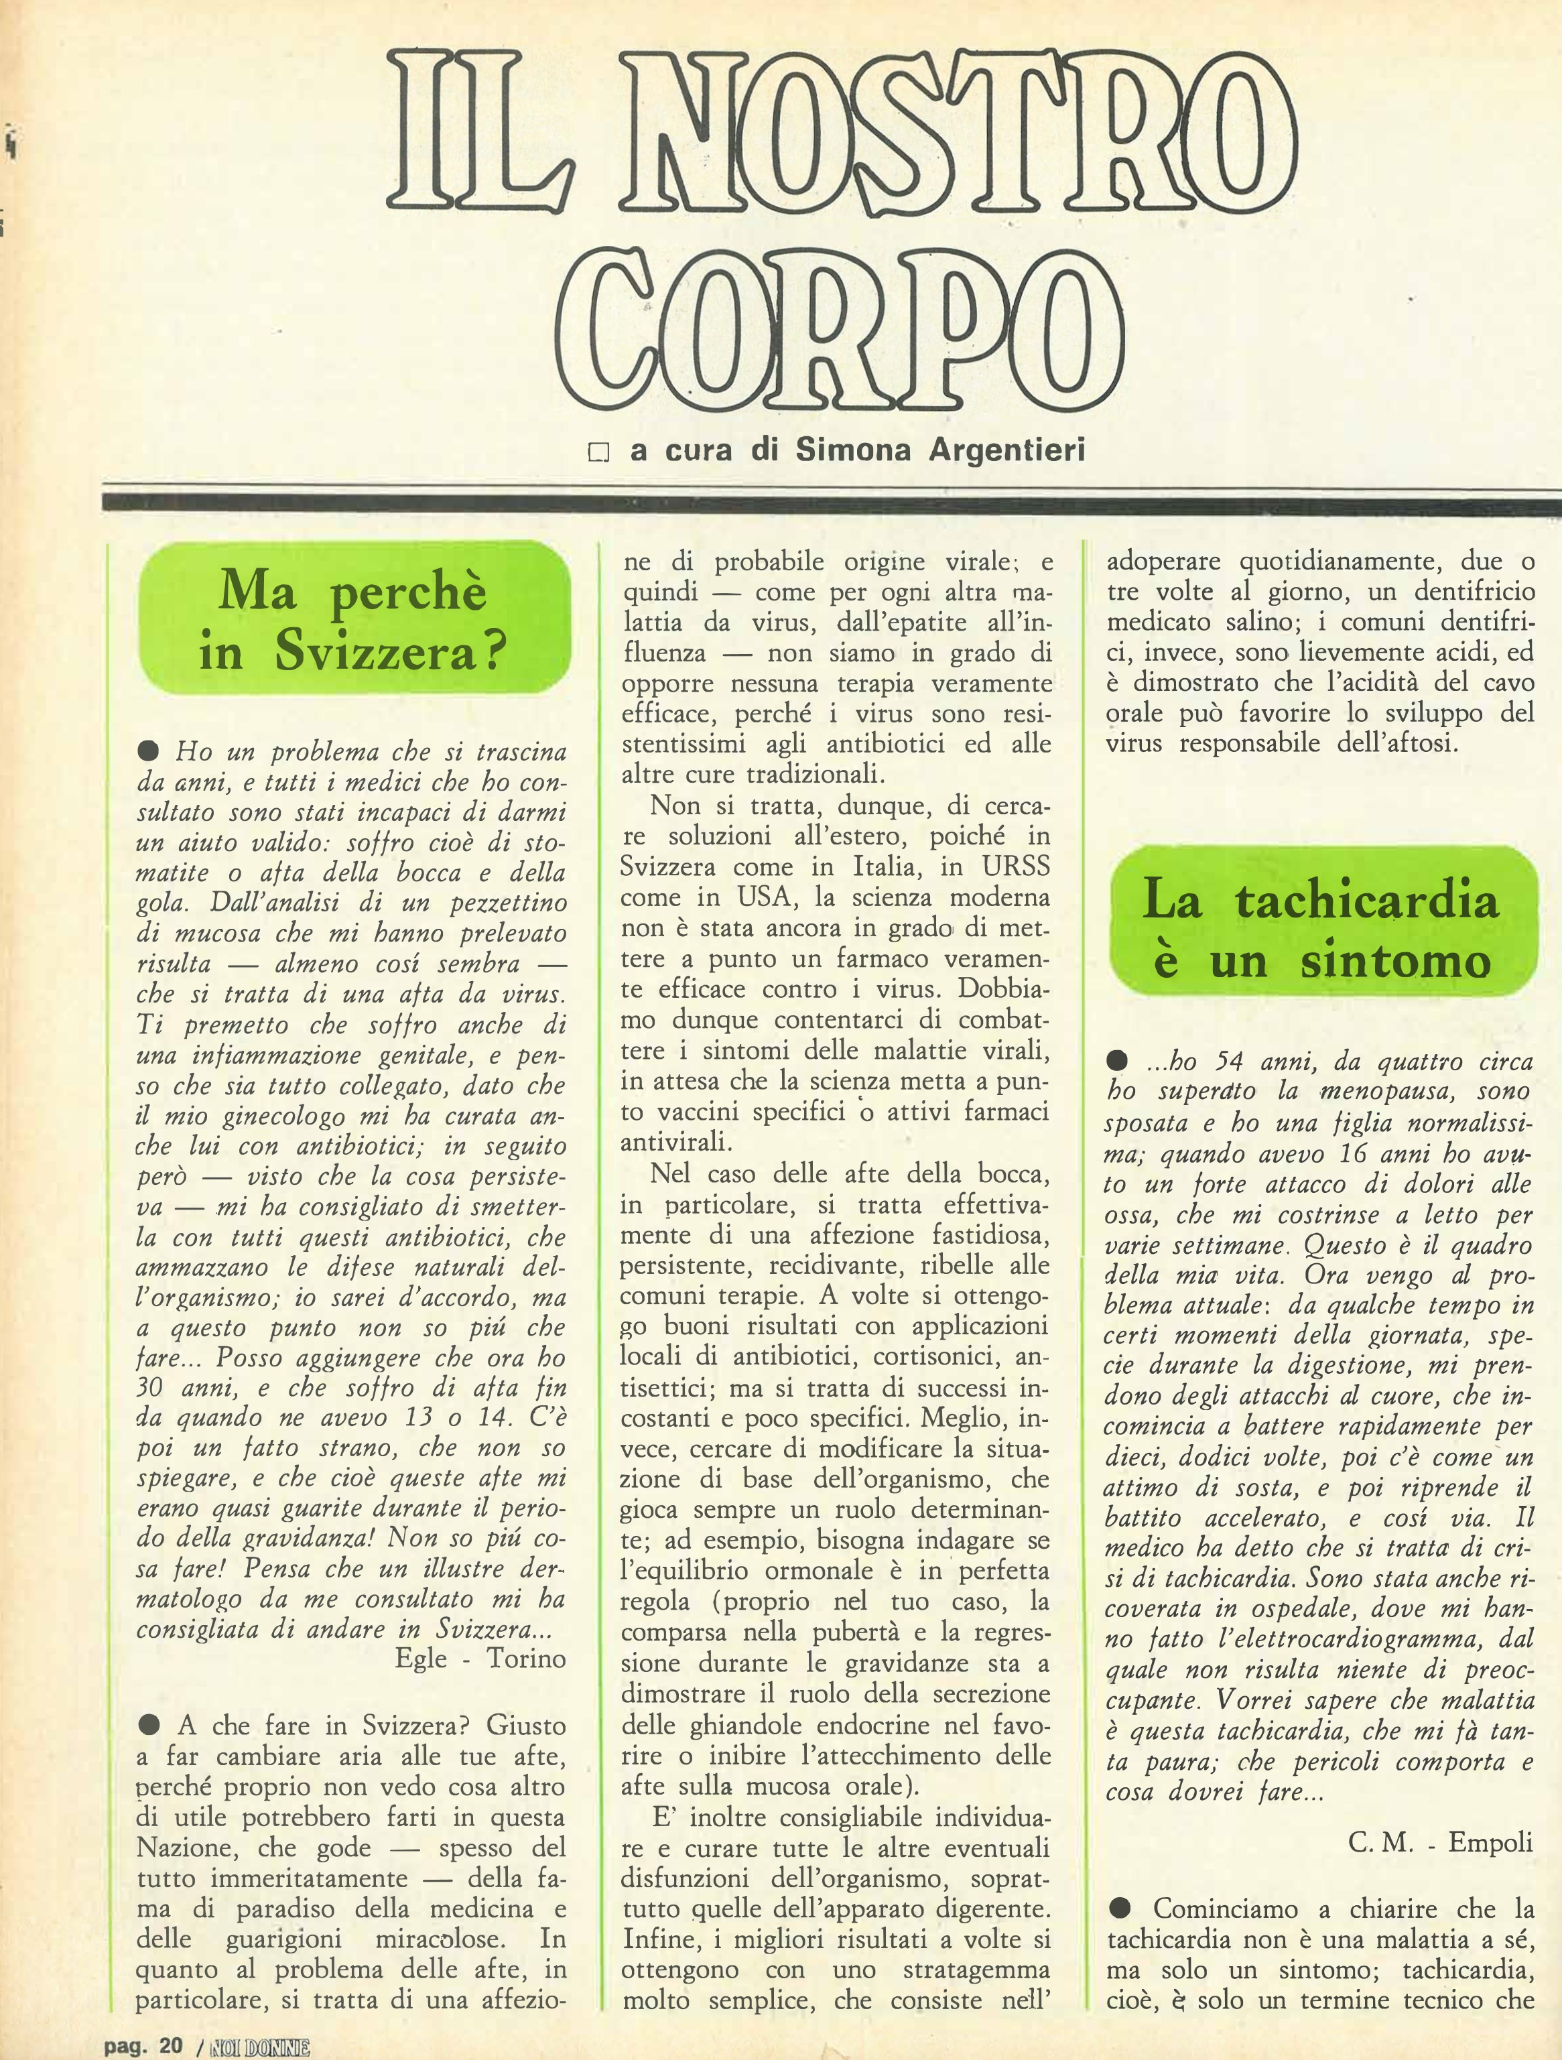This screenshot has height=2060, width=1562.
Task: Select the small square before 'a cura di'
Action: [x=598, y=452]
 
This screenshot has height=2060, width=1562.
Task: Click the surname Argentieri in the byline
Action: [x=1008, y=450]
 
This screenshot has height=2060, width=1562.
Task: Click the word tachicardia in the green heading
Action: [x=1366, y=899]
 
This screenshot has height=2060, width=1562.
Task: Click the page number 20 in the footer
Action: [x=170, y=2046]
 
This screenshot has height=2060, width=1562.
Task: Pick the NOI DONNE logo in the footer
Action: [x=260, y=2047]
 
